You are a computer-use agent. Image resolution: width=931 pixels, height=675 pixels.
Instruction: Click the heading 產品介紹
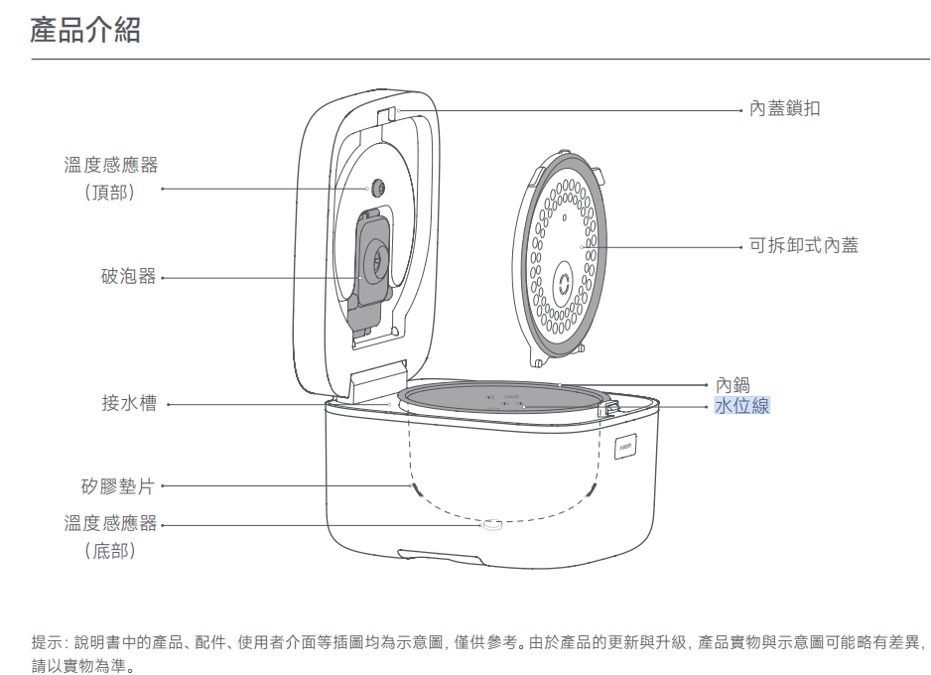85,31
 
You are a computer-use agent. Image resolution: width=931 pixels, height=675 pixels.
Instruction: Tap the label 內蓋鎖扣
784,108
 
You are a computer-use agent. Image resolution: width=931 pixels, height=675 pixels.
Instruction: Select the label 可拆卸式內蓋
803,244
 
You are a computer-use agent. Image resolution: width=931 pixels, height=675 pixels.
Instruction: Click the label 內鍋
732,385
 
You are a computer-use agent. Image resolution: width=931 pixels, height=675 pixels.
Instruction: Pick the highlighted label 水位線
741,405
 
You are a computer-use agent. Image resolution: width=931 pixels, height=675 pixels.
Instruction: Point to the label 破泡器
128,277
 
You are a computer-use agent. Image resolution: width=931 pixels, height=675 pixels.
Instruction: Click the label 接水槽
128,403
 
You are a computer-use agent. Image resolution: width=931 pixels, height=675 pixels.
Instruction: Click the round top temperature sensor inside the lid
379,188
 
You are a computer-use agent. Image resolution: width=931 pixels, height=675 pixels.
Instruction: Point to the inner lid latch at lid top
388,113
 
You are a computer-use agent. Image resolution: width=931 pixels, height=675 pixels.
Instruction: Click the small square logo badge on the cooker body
626,446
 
